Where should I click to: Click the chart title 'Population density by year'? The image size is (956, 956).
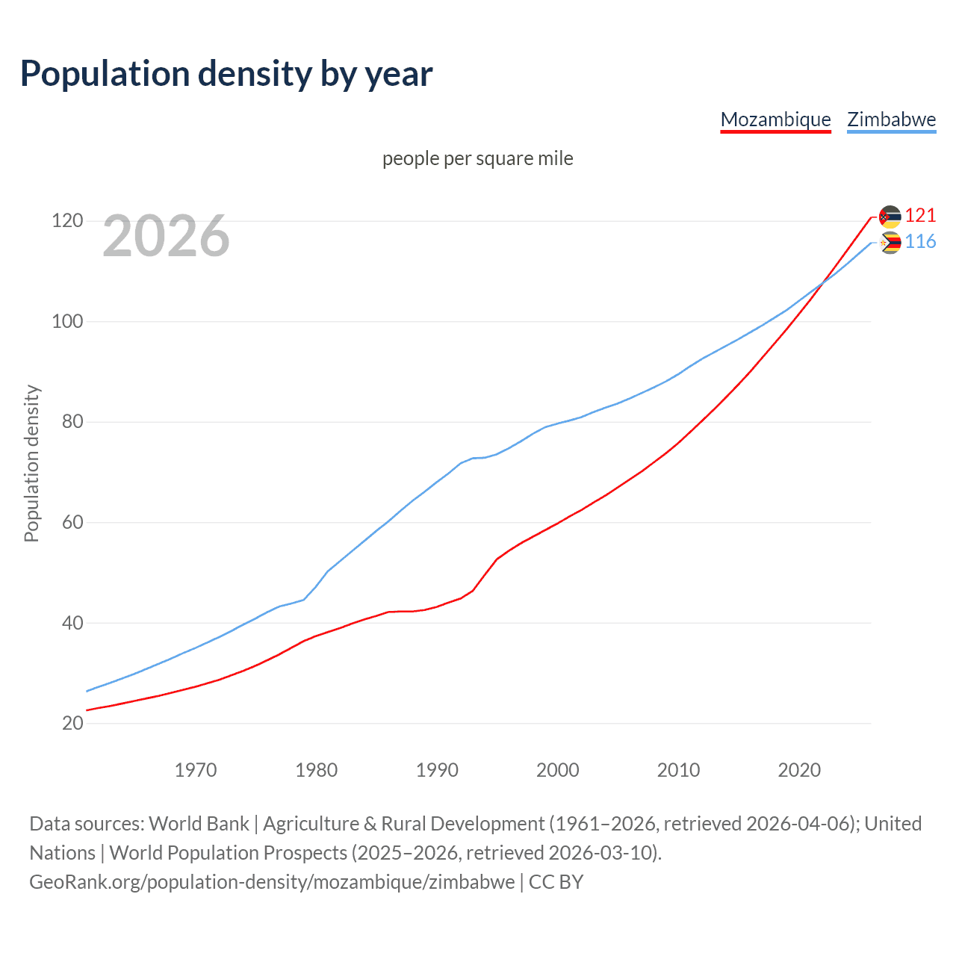pyautogui.click(x=226, y=74)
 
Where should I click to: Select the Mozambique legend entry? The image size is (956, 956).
pyautogui.click(x=775, y=119)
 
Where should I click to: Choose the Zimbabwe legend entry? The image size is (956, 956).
pyautogui.click(x=891, y=119)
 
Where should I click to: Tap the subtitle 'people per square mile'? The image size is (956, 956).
pyautogui.click(x=477, y=158)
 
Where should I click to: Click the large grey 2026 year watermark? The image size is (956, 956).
pyautogui.click(x=166, y=236)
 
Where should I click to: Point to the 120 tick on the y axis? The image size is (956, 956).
pyautogui.click(x=67, y=221)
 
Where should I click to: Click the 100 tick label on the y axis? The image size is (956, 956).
pyautogui.click(x=67, y=322)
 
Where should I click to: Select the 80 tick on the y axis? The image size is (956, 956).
pyautogui.click(x=72, y=422)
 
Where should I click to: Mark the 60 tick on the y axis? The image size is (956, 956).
pyautogui.click(x=72, y=522)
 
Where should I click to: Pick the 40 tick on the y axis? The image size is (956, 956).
pyautogui.click(x=72, y=623)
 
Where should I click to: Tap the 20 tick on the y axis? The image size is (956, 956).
pyautogui.click(x=72, y=723)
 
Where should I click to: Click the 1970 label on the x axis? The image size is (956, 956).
pyautogui.click(x=196, y=769)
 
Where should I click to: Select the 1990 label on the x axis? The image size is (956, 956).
pyautogui.click(x=437, y=769)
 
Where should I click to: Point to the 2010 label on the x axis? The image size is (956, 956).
pyautogui.click(x=678, y=769)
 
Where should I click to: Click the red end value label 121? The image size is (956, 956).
pyautogui.click(x=920, y=216)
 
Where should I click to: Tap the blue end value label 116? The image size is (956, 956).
pyautogui.click(x=920, y=242)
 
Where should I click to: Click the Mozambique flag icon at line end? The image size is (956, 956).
pyautogui.click(x=890, y=217)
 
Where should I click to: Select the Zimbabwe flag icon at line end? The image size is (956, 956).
pyautogui.click(x=890, y=243)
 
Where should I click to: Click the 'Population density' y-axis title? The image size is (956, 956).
pyautogui.click(x=31, y=463)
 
